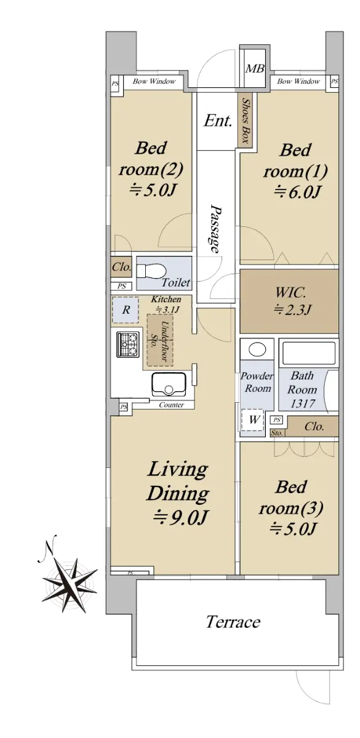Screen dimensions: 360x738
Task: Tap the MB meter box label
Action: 255,68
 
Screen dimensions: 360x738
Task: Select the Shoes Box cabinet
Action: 246,121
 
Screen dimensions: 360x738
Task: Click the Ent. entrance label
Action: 218,121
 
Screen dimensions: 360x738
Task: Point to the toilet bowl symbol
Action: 151,271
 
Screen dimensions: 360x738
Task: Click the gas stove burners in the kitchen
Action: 127,344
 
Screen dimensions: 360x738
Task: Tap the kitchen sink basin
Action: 169,384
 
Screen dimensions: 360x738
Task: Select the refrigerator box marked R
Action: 126,310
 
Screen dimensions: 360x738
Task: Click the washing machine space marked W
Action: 253,420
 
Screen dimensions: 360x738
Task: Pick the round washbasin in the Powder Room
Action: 257,349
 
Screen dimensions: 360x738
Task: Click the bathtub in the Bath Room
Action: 308,352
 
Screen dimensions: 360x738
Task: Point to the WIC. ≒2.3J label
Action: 290,301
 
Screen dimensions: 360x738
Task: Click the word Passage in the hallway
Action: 215,229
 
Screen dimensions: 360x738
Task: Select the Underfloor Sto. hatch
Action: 160,341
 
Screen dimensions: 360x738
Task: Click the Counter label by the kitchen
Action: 172,405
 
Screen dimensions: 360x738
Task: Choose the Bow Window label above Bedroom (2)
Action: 154,81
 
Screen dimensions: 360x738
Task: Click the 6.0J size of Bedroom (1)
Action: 297,192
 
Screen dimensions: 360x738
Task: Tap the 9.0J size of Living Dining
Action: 179,518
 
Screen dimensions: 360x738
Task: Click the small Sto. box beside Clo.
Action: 277,433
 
